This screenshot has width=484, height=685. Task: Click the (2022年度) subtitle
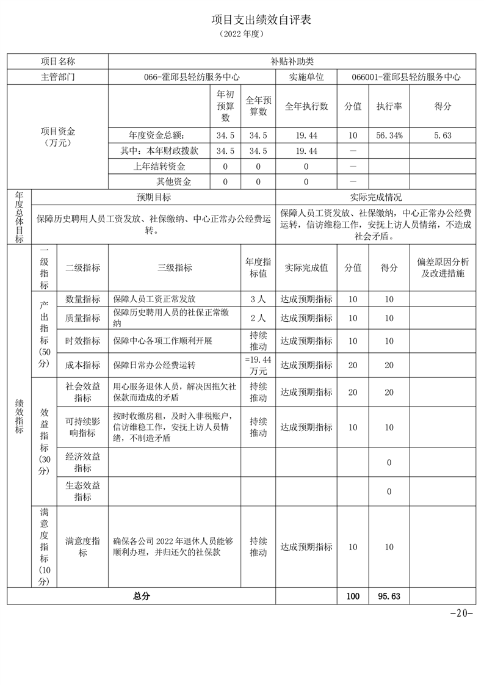click(x=242, y=35)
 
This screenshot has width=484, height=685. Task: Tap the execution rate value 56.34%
click(x=389, y=136)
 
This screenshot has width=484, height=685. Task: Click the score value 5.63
click(x=442, y=136)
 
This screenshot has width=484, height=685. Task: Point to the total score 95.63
click(x=389, y=596)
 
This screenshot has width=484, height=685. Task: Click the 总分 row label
click(x=142, y=596)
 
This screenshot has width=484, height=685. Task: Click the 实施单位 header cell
click(x=306, y=78)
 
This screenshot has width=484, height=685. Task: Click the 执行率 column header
click(x=389, y=106)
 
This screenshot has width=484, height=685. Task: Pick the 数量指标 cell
click(x=82, y=299)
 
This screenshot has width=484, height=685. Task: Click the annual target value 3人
click(x=258, y=299)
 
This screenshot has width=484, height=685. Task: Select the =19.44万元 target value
click(x=258, y=365)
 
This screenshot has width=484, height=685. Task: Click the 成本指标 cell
click(x=82, y=365)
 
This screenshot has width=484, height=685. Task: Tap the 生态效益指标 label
click(x=82, y=491)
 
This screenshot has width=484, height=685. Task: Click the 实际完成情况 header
click(x=375, y=197)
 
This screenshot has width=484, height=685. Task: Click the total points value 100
click(x=353, y=596)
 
